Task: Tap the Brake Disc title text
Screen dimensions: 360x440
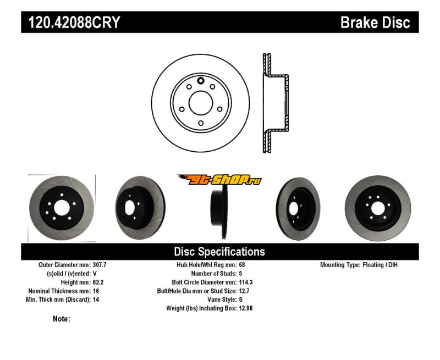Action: point(375,23)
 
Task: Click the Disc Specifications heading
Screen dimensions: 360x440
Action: point(219,252)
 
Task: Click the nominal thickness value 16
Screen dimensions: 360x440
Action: point(96,291)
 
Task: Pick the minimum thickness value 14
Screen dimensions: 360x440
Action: point(96,300)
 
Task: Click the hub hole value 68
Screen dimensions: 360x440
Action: point(242,265)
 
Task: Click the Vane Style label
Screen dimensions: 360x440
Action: point(219,300)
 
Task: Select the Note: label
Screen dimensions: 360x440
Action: point(62,319)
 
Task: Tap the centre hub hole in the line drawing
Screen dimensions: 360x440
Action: point(200,103)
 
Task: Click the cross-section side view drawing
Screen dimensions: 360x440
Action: point(274,103)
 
